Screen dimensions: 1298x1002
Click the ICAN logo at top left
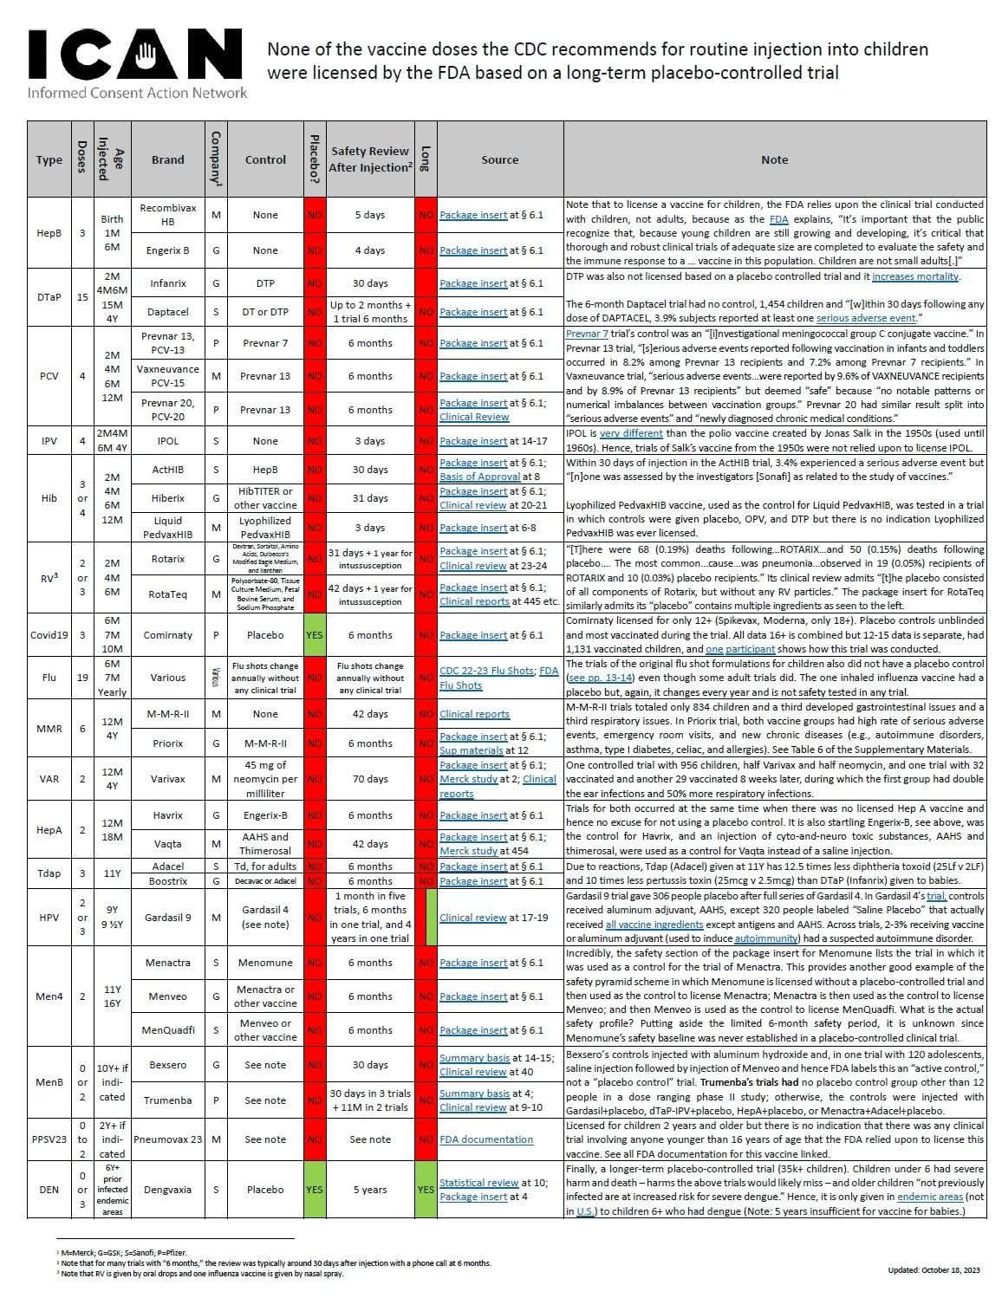coord(136,54)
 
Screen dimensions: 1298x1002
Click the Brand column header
coord(167,159)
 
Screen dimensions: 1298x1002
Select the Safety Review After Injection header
coord(370,159)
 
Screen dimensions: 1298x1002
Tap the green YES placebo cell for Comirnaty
coord(315,635)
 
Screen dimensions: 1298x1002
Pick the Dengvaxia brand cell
coord(167,1190)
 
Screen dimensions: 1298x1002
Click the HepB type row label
coord(49,233)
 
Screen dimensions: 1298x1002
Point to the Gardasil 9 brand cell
coord(167,917)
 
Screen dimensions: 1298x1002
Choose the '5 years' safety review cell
coord(370,1190)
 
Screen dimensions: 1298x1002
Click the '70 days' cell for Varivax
coord(370,779)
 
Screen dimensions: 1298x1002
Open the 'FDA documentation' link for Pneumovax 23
coord(485,1139)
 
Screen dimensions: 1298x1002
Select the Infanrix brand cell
coord(167,283)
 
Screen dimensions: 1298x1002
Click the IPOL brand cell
coord(167,441)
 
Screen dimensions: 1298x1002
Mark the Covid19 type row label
coord(49,635)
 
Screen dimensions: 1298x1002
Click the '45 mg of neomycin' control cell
coord(265,779)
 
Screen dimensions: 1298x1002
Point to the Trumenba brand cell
coord(167,1100)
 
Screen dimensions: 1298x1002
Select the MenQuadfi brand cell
coord(167,1030)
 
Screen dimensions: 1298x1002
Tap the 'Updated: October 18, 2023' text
coord(934,1270)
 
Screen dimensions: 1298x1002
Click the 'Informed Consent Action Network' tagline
coord(137,93)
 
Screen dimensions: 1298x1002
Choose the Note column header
coord(774,159)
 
